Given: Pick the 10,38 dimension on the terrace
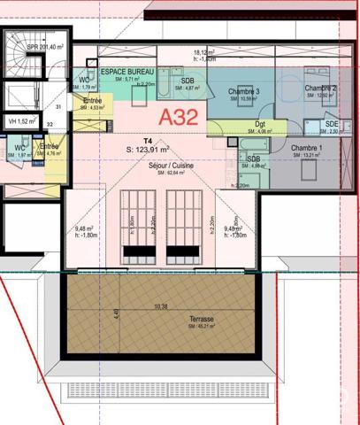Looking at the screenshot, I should [160, 306].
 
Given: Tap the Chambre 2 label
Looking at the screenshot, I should [321, 89].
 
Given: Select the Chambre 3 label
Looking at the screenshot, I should [244, 91].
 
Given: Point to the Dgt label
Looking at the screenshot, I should [260, 124].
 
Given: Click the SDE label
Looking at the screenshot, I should [331, 124].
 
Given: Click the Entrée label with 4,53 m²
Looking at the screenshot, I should [92, 101].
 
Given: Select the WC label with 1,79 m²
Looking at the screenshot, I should [85, 81].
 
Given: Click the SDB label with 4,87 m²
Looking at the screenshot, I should [188, 81].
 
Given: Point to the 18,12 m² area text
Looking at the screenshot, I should [204, 53].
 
